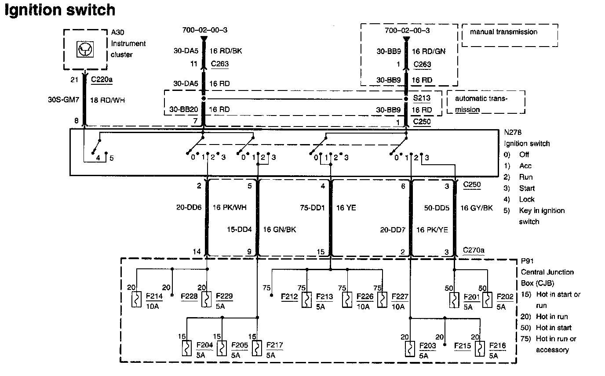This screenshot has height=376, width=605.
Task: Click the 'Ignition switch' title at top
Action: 60,10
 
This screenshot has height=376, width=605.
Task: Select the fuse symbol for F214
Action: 137,299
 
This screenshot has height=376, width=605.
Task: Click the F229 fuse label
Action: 225,296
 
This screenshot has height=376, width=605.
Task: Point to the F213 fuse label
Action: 324,296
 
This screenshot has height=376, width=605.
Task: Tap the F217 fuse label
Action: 274,345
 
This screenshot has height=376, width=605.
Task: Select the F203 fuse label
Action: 427,346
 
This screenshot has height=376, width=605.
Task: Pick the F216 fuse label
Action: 497,346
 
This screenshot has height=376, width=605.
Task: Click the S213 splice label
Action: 421,98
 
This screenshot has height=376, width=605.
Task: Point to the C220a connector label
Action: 102,80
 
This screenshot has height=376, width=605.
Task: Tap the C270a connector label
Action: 474,250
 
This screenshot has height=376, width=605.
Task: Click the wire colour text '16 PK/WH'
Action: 229,207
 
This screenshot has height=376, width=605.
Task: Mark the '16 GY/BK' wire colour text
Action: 476,207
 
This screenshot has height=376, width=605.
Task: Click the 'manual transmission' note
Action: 503,32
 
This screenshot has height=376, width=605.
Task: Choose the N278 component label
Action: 513,132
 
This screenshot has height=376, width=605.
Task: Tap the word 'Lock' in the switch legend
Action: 527,199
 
